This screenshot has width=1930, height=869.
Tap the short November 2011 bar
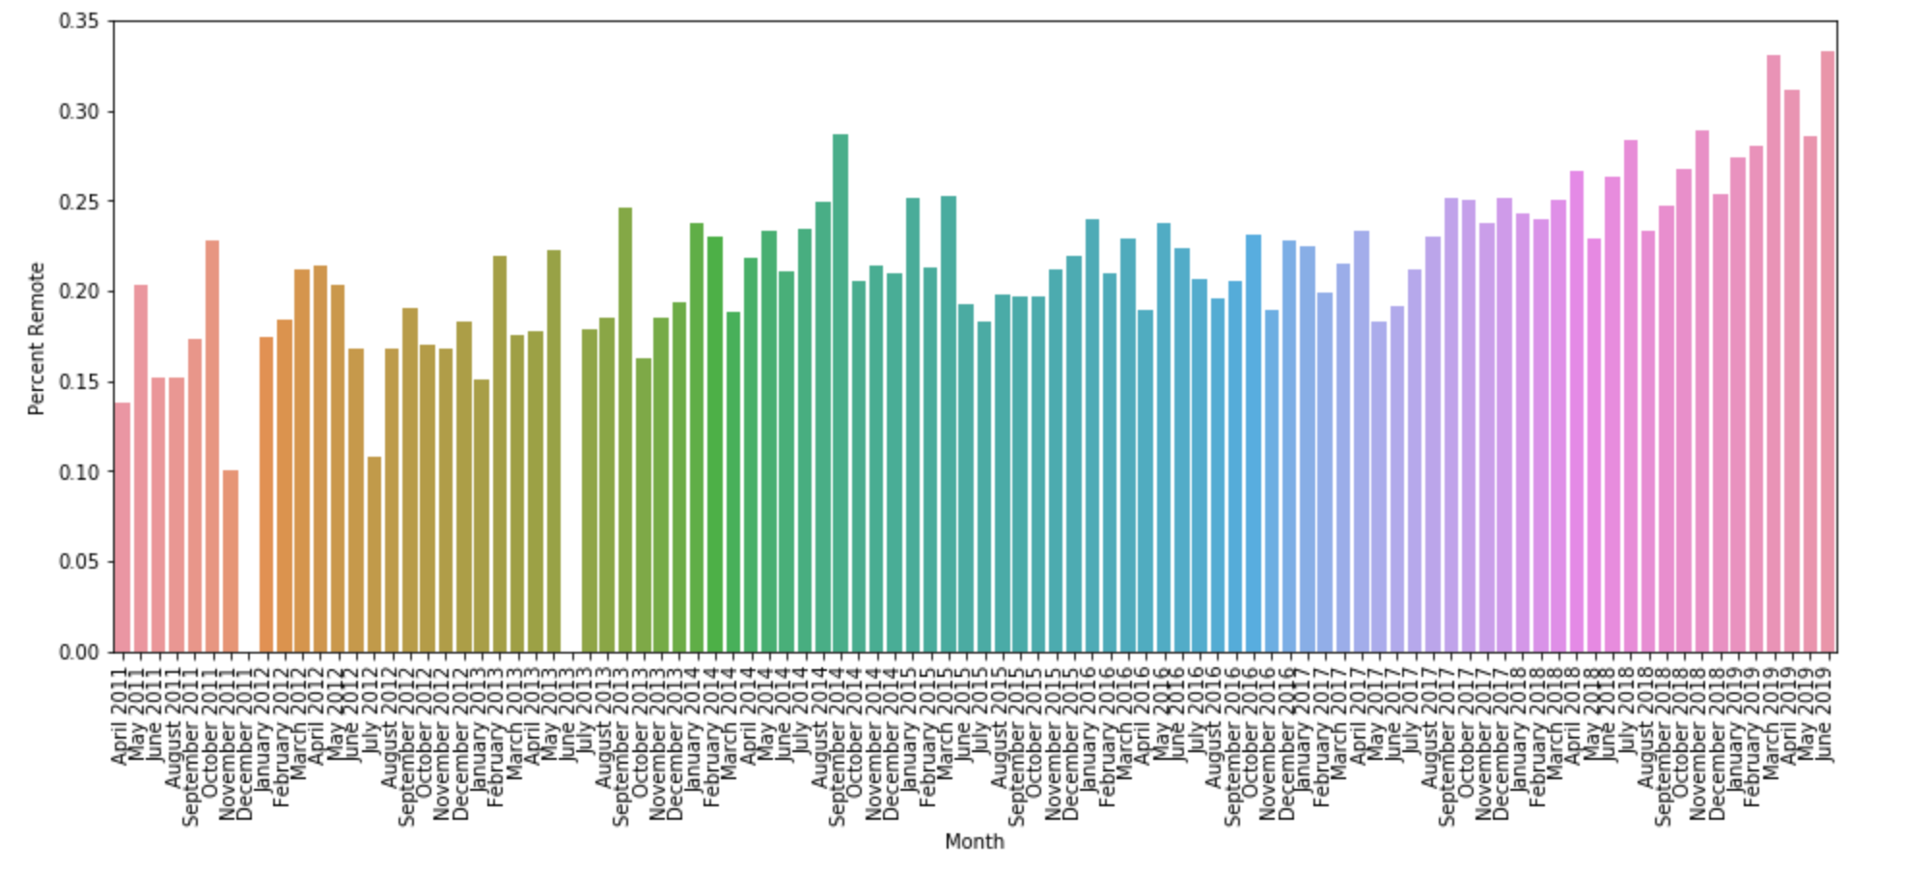click(x=231, y=561)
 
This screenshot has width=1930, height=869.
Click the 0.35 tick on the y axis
click(x=79, y=21)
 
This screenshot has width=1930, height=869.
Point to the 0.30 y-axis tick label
click(x=79, y=112)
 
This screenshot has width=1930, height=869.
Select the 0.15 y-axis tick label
click(x=79, y=382)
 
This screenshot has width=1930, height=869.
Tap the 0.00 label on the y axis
click(x=79, y=653)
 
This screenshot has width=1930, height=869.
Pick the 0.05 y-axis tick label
click(x=79, y=562)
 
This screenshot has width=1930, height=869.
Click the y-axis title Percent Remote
click(x=37, y=338)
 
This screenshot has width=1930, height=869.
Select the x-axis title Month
click(x=975, y=842)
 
